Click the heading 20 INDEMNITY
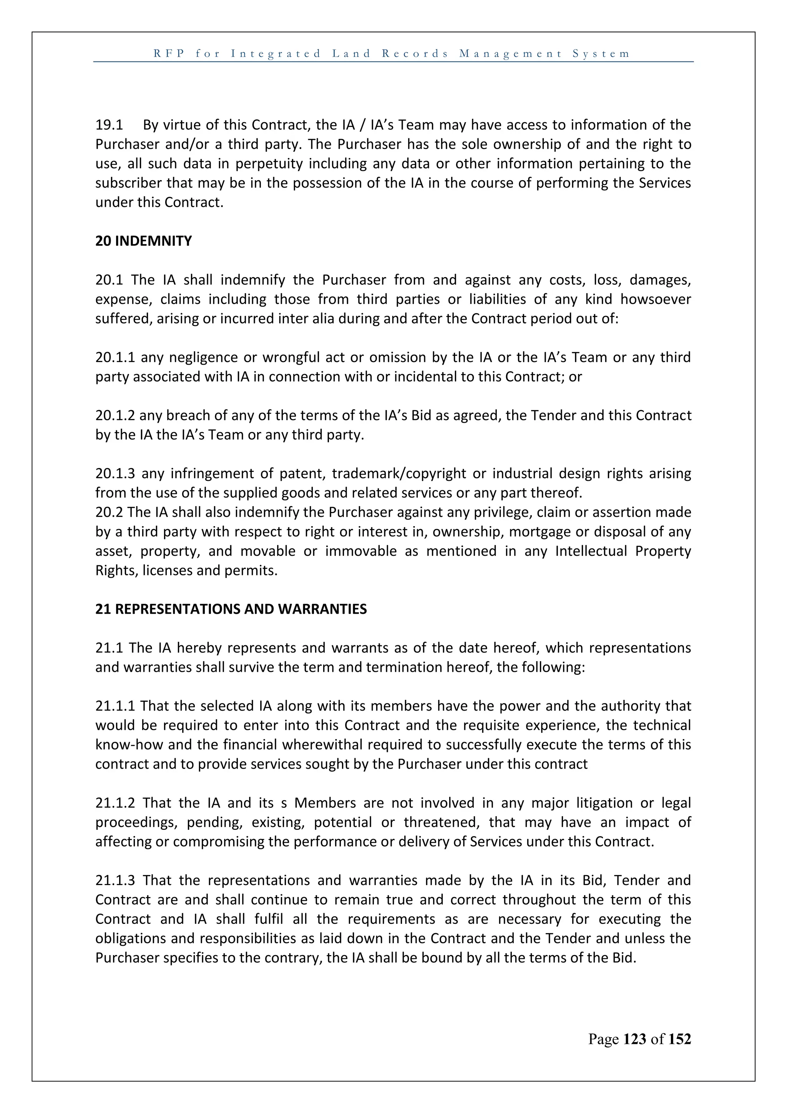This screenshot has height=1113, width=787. (143, 241)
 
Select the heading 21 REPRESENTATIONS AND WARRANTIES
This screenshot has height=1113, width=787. (231, 609)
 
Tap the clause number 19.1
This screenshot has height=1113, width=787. (109, 125)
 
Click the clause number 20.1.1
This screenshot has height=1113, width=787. (115, 357)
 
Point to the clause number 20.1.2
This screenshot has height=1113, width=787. (115, 415)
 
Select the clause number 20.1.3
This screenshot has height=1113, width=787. (115, 473)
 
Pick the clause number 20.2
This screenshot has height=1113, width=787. (109, 512)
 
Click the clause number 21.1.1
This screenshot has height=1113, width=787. (115, 706)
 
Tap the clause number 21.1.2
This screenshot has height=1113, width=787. (115, 803)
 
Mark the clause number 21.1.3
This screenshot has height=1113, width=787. (115, 880)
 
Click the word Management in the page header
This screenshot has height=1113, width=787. (511, 53)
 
